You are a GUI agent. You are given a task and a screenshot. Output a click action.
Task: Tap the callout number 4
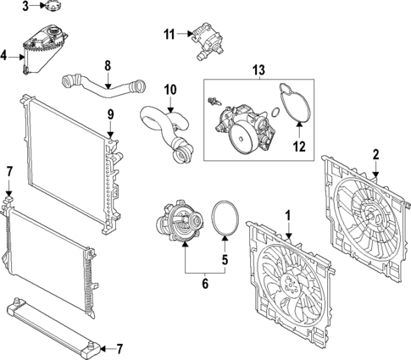(x=4, y=57)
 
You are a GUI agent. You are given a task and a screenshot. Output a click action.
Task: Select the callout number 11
(x=169, y=35)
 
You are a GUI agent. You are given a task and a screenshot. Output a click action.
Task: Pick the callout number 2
(x=375, y=153)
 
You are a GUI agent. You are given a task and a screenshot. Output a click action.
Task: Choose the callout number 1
(x=288, y=215)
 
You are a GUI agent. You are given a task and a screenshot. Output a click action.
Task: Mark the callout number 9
(x=109, y=114)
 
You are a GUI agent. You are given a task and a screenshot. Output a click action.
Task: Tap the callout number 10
(x=169, y=88)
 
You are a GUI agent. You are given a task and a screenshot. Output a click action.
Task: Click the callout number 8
(x=108, y=64)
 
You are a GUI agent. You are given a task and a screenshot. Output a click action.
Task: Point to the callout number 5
(x=225, y=261)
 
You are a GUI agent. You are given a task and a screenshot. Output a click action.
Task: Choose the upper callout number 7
(x=8, y=173)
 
